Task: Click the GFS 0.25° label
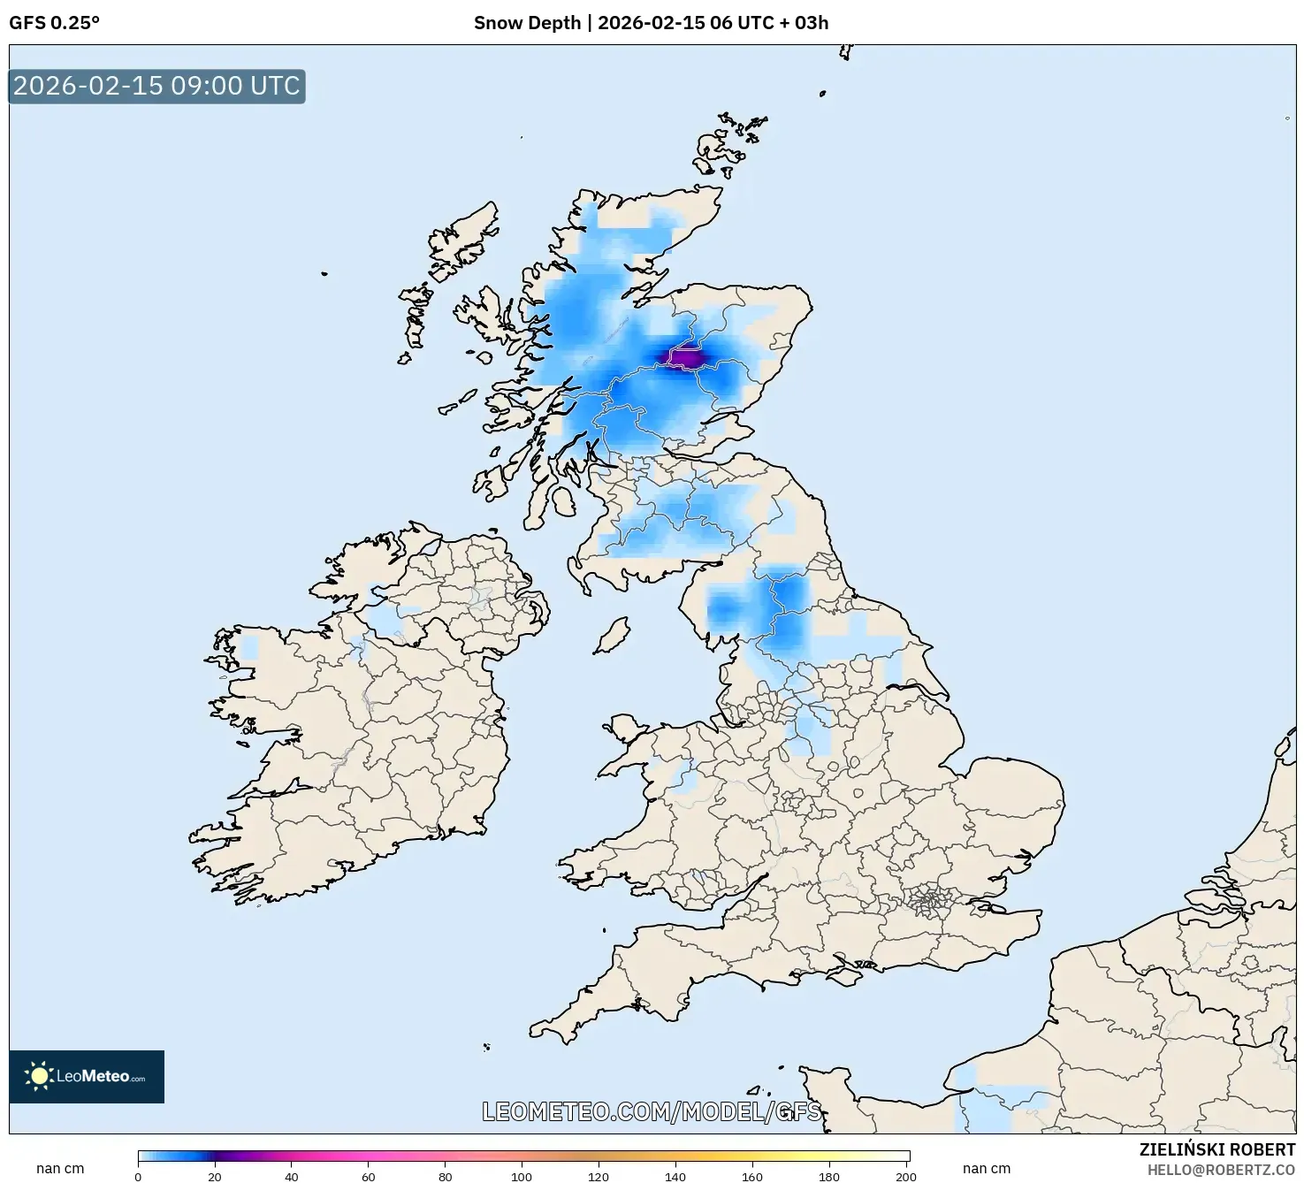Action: [54, 23]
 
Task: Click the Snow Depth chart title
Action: [651, 23]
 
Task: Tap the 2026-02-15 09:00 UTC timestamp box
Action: [156, 87]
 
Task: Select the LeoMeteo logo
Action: [87, 1076]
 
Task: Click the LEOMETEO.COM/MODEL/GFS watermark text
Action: [652, 1111]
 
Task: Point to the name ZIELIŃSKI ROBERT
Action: [1216, 1149]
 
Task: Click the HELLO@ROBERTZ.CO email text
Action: [1221, 1170]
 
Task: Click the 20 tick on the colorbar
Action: [215, 1177]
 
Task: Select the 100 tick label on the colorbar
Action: [522, 1177]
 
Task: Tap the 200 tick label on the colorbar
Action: [905, 1177]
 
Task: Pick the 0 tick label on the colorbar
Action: [138, 1177]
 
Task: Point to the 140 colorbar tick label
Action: [675, 1177]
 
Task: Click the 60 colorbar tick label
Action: [369, 1177]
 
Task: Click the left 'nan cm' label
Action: [60, 1169]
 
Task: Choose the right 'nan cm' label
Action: [987, 1169]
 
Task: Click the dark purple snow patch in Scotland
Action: [686, 357]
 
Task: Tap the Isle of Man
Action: [612, 636]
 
